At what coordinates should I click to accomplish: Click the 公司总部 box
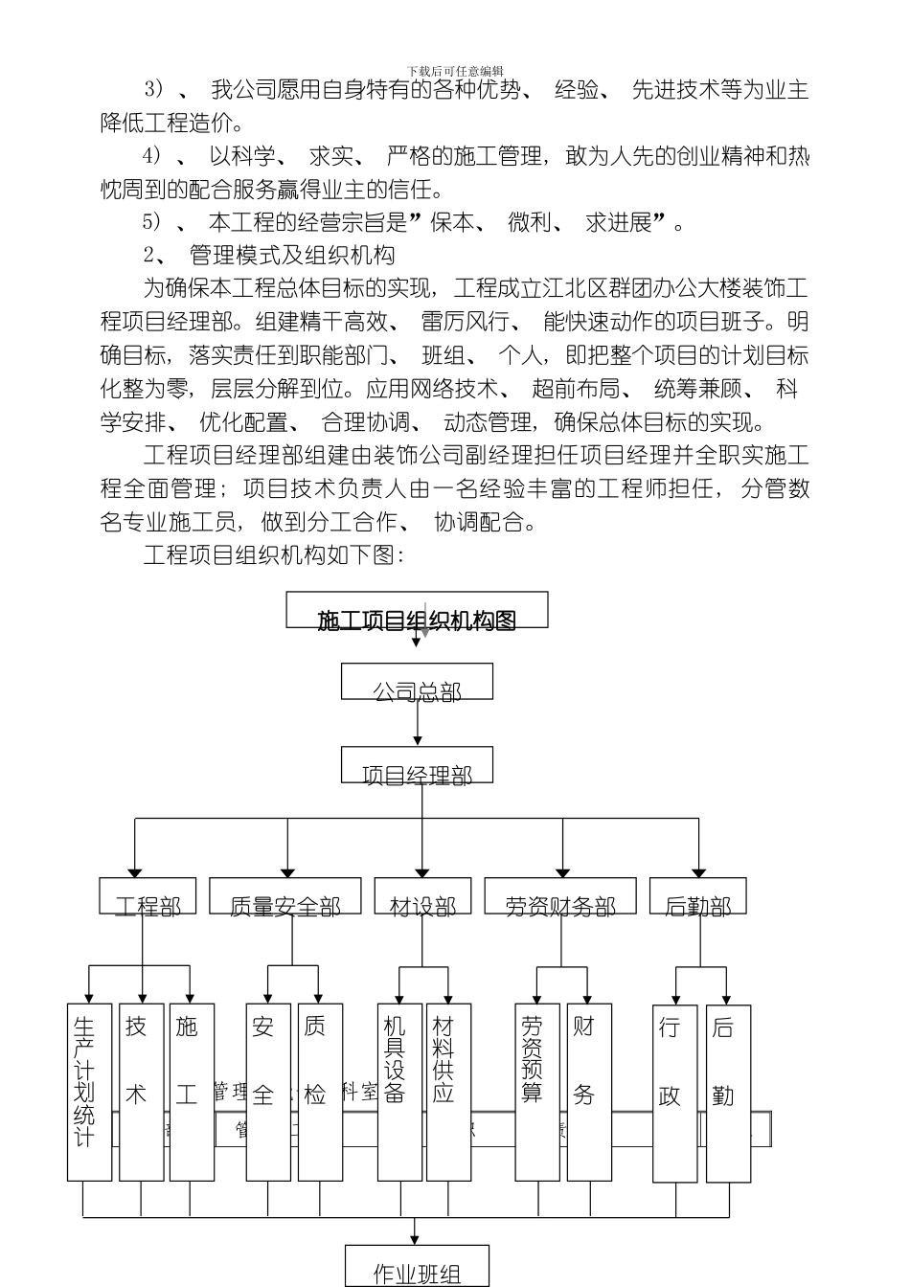pos(417,682)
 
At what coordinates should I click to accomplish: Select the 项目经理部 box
pos(417,765)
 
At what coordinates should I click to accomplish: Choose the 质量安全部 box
pos(284,896)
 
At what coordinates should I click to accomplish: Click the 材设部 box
pos(421,896)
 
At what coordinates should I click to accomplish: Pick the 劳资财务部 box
pos(560,896)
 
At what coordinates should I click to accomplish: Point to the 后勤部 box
pos(697,896)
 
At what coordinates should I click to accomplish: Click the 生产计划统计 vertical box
pos(89,1092)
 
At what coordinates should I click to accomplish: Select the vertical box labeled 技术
pos(141,1092)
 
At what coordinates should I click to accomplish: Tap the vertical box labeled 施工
pos(192,1092)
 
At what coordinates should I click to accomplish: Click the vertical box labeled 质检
pos(320,1092)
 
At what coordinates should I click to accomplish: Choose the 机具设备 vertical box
pos(399,1092)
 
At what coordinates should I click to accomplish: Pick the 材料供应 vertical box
pos(447,1092)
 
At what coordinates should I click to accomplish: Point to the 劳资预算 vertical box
pos(537,1092)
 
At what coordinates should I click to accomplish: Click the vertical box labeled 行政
pos(674,1092)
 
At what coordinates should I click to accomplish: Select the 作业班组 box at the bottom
pos(417,1266)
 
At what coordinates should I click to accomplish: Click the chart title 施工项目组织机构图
pos(417,621)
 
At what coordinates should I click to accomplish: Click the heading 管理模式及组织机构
pos(292,256)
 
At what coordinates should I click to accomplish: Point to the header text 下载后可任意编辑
pos(455,71)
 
